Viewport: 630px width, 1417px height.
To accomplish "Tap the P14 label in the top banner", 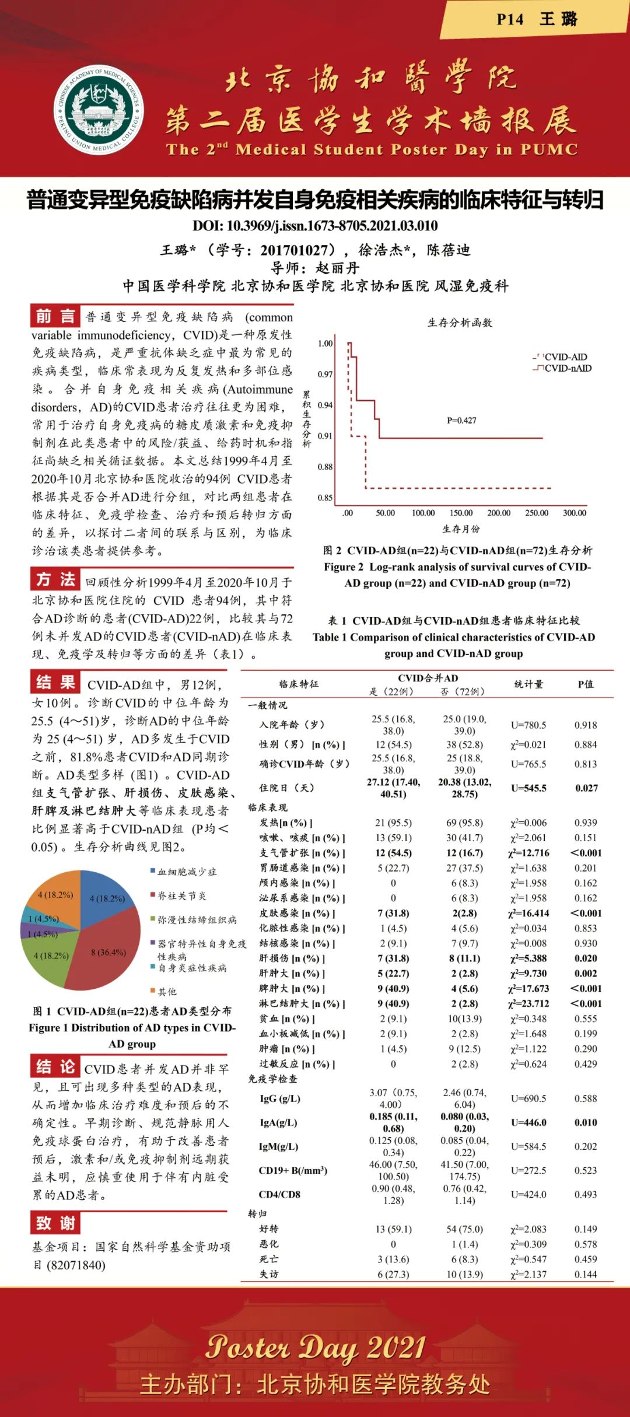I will (x=510, y=19).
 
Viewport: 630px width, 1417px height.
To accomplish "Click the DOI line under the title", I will (x=315, y=226).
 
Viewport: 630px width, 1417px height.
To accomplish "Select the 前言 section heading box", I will (x=55, y=316).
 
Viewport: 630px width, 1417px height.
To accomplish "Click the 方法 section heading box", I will (x=55, y=579).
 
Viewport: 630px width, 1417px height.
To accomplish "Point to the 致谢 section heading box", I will (x=55, y=1222).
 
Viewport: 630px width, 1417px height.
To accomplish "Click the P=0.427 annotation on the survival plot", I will (x=461, y=420).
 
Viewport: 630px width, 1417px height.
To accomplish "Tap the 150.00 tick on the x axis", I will (x=461, y=513).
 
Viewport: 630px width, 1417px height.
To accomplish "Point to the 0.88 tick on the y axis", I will (x=325, y=467).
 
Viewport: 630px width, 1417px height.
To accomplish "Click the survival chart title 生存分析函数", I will (x=460, y=323).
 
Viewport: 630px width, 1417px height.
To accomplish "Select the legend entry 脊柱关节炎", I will (x=181, y=895).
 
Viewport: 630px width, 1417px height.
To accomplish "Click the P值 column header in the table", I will (x=585, y=684).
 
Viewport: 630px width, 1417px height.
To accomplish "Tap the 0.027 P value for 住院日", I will (x=586, y=788).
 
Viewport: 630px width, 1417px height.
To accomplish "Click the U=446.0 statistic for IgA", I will (x=528, y=1122).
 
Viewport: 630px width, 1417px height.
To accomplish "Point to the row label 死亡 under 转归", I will (x=269, y=1259).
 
